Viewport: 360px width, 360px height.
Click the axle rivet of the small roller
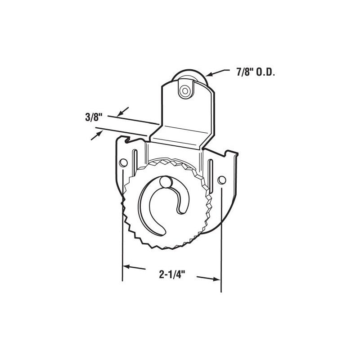[184, 90]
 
